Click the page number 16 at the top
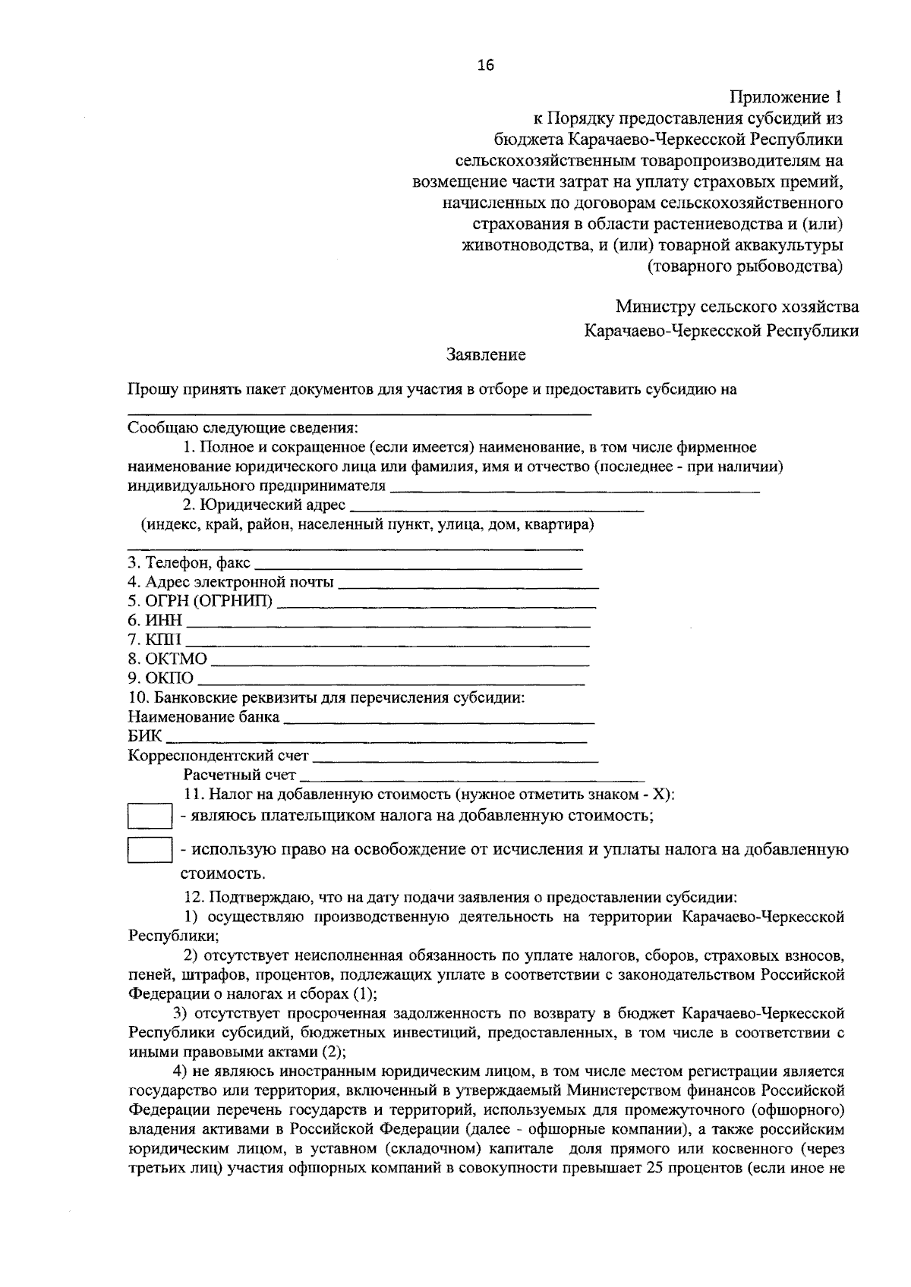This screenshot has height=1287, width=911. point(485,66)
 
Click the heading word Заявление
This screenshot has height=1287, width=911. point(486,354)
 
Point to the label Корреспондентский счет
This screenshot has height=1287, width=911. point(219,756)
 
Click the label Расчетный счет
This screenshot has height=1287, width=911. point(239,775)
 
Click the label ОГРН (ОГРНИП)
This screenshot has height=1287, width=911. point(200,603)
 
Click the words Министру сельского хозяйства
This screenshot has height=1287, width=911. point(737,307)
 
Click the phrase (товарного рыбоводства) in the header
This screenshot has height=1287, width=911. point(745,266)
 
